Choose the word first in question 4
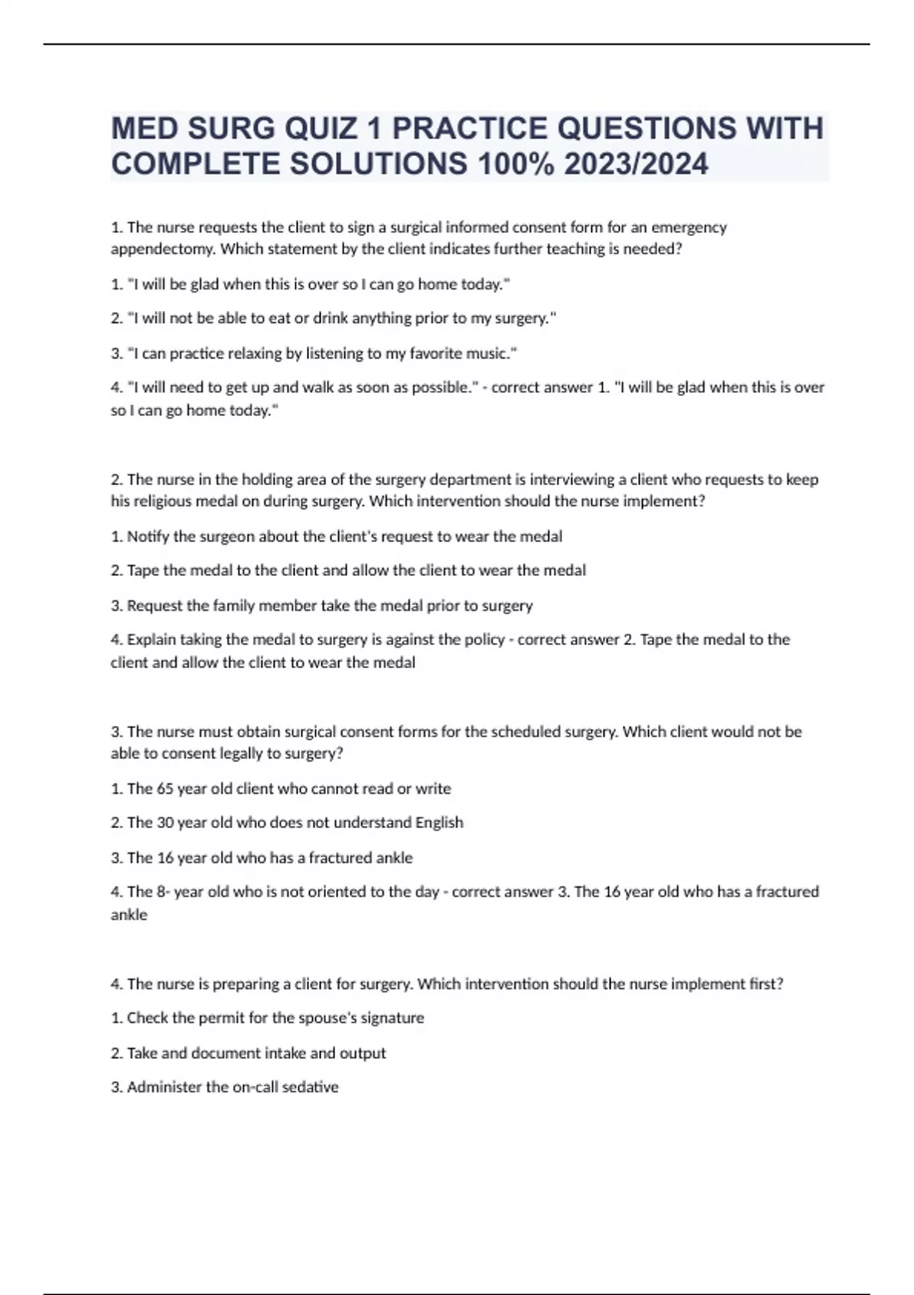[765, 983]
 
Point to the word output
[363, 1053]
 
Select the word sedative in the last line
[310, 1087]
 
